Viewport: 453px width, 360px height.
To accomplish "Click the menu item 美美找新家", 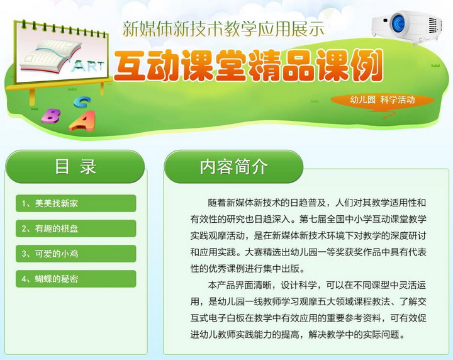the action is point(75,203).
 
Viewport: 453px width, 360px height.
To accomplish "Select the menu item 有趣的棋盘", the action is point(75,228).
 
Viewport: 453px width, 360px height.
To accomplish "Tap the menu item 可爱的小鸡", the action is point(75,254).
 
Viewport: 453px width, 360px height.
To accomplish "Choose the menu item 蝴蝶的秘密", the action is point(75,279).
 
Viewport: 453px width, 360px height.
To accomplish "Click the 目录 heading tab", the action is point(75,167).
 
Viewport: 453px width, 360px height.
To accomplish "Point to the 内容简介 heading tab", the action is point(233,167).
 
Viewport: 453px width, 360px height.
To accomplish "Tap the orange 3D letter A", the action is point(82,121).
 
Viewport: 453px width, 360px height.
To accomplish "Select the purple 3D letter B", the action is point(51,116).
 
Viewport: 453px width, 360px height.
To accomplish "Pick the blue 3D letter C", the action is point(82,102).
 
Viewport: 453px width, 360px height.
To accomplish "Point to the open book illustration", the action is point(50,55).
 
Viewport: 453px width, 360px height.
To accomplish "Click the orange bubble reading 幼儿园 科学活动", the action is point(383,100).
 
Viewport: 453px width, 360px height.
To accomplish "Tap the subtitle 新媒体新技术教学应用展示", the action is point(223,28).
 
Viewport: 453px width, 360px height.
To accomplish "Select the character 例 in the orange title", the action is point(366,66).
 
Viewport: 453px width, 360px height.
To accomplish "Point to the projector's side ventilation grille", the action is point(433,26).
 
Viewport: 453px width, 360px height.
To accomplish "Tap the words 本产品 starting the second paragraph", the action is point(221,286).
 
